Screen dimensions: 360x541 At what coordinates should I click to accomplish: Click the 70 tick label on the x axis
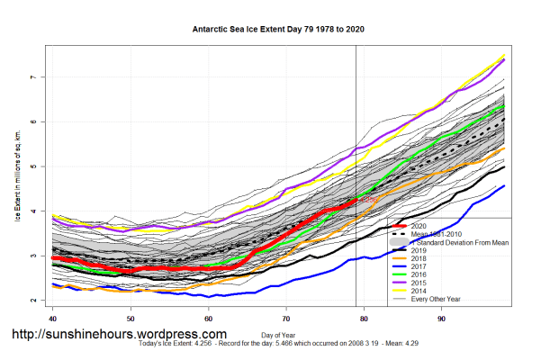(286, 318)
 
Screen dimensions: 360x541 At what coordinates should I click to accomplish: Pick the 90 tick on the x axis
(442, 318)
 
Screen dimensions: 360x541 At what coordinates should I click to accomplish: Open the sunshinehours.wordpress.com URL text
(119, 335)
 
